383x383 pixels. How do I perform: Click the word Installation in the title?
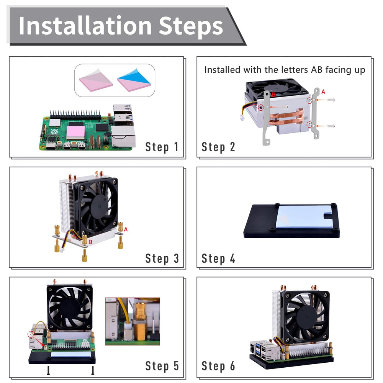pos(85,26)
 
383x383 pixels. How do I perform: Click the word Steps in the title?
pos(191,27)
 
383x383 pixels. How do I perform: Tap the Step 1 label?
pos(162,147)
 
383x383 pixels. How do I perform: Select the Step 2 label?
pos(218,147)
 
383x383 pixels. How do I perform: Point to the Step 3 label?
pos(162,259)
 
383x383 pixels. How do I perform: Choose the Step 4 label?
pos(218,259)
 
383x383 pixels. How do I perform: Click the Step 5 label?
pos(162,366)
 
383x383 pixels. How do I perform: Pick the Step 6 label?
pos(218,366)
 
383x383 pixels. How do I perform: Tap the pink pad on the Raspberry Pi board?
pos(76,133)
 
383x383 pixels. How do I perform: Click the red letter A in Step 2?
pos(323,92)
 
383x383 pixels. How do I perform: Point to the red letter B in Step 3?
pos(90,242)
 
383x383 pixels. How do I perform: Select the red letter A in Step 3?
pos(126,229)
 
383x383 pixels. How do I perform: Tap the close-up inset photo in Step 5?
pos(133,321)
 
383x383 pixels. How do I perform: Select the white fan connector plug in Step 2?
pos(242,118)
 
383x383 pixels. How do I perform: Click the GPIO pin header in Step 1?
pos(75,114)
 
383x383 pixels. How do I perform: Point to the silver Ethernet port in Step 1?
pos(123,136)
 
